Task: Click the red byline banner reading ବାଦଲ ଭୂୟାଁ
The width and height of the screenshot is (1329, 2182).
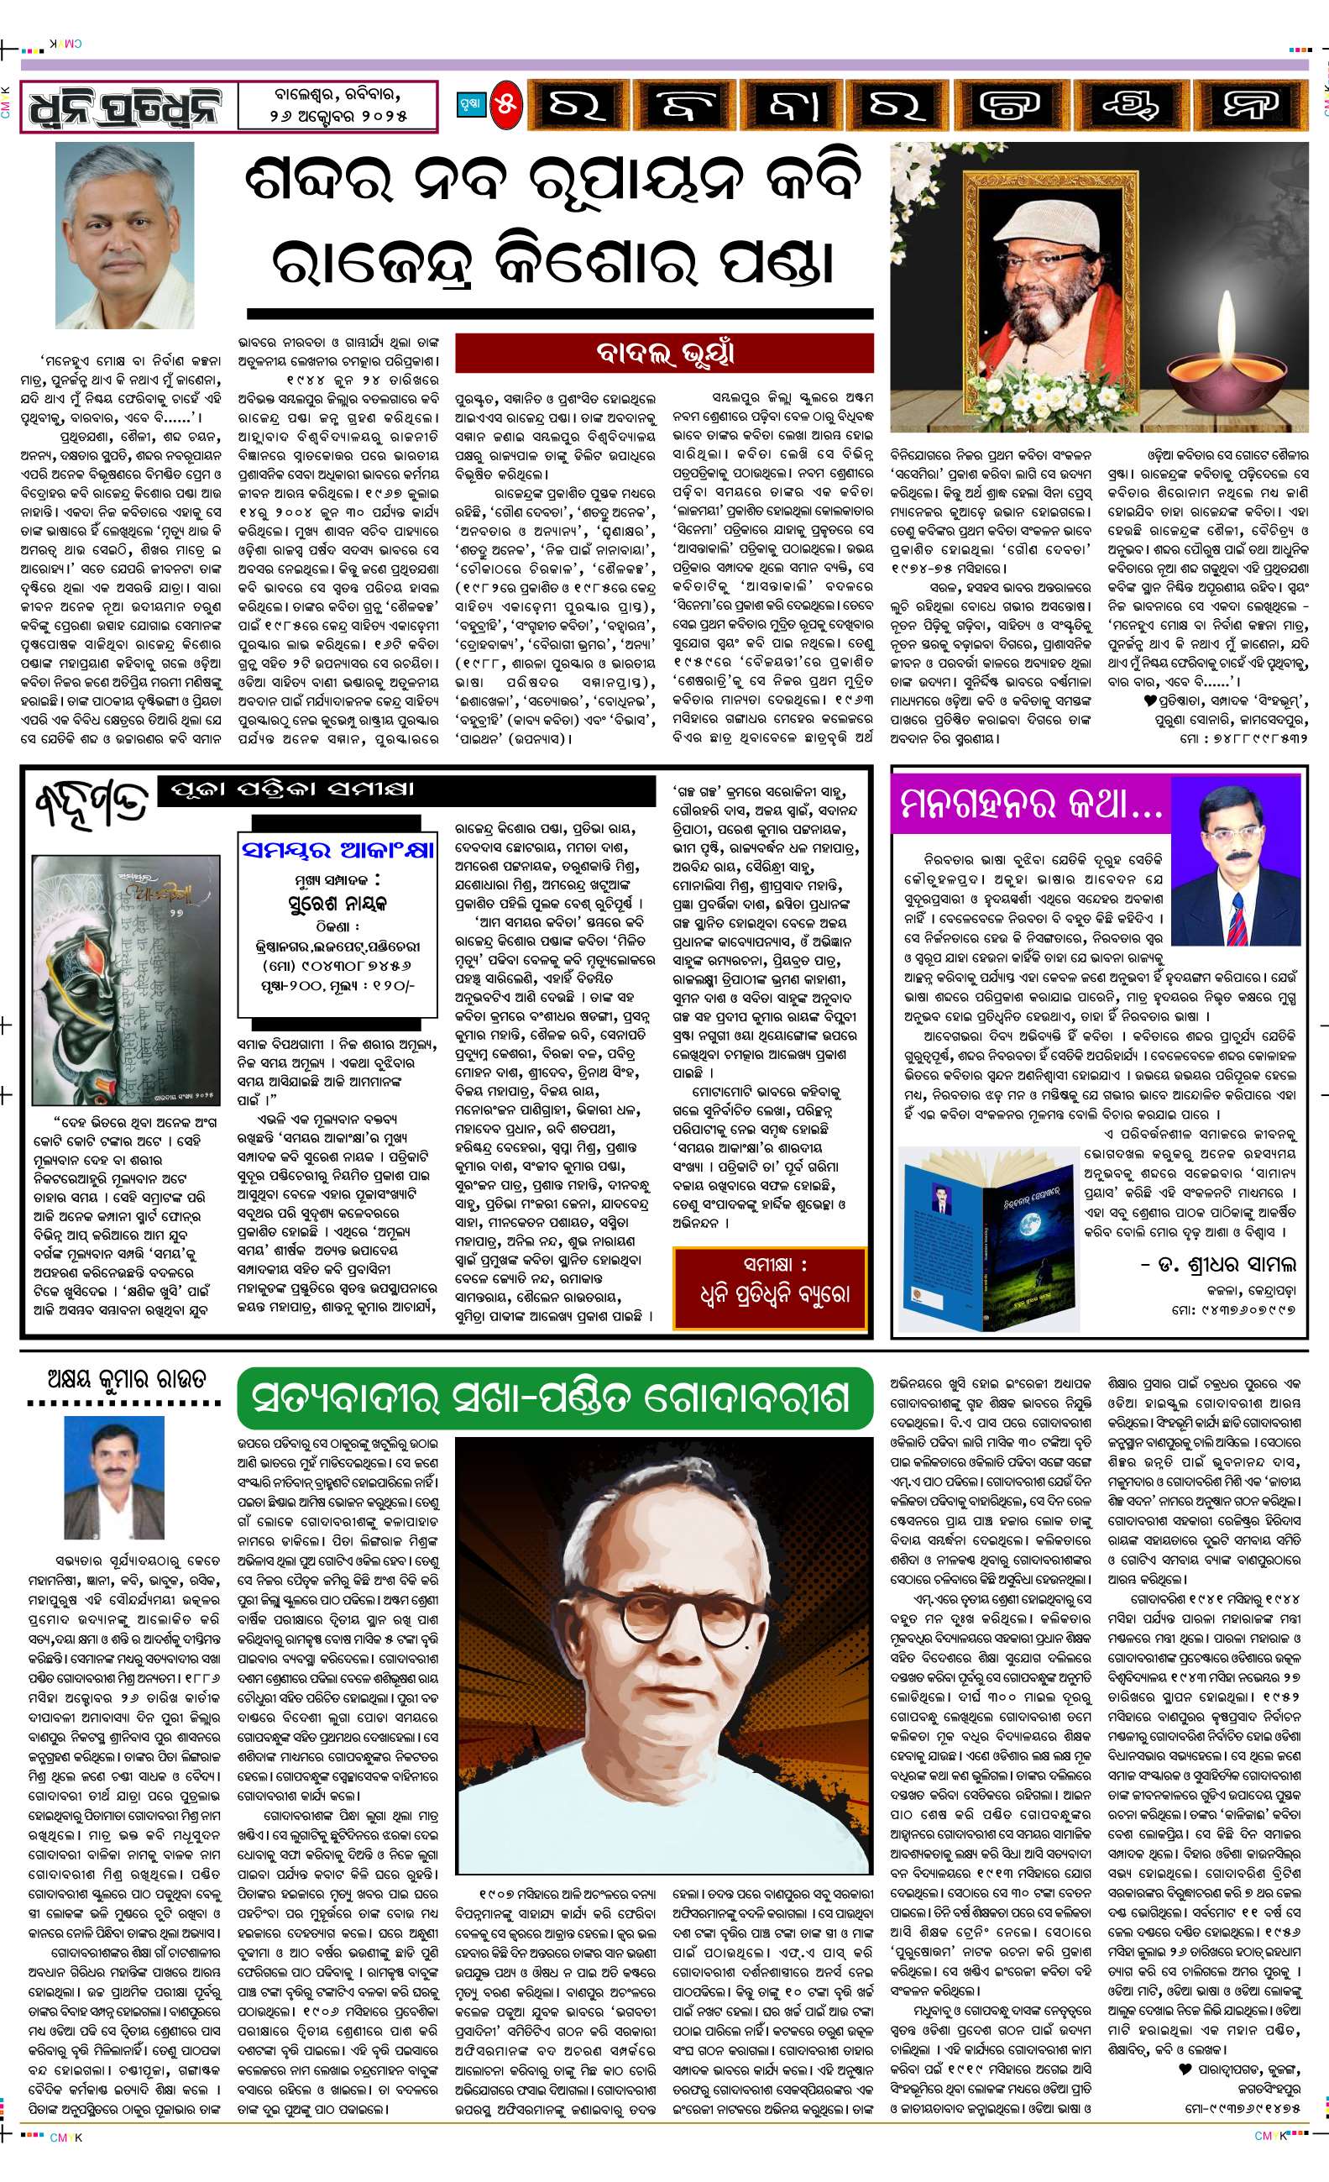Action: pos(664,354)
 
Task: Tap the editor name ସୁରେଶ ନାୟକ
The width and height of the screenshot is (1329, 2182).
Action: pos(337,903)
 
